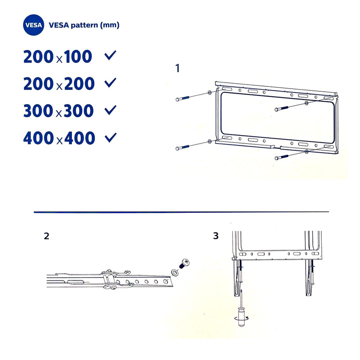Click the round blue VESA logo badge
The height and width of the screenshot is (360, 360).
pos(33,26)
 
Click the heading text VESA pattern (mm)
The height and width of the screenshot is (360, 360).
pos(84,26)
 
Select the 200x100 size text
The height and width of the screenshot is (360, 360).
pos(58,57)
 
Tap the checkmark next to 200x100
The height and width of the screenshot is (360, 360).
pos(110,56)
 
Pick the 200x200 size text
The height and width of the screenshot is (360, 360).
pos(59,84)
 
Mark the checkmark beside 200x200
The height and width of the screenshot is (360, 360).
pos(110,83)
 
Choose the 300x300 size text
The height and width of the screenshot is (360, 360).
pos(59,111)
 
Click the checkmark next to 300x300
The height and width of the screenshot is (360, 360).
pos(110,110)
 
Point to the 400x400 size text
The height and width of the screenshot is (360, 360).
pos(59,139)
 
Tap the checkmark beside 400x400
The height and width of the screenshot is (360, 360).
pos(110,137)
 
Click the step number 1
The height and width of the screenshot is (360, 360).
pos(178,68)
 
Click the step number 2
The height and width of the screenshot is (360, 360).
pos(46,236)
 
